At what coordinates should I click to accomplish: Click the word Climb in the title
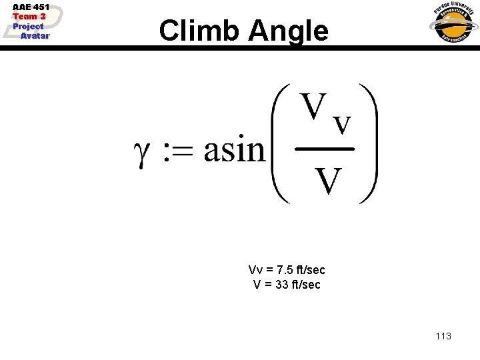click(x=199, y=31)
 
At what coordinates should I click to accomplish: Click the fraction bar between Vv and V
click(x=324, y=149)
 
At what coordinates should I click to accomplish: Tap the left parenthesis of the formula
click(x=281, y=143)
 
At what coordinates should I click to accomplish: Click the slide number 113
click(x=443, y=336)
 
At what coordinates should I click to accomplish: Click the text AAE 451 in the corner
click(x=31, y=7)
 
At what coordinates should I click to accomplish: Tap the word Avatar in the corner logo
click(x=35, y=36)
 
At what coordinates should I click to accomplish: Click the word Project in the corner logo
click(x=28, y=27)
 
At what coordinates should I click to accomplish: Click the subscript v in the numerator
click(x=341, y=124)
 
